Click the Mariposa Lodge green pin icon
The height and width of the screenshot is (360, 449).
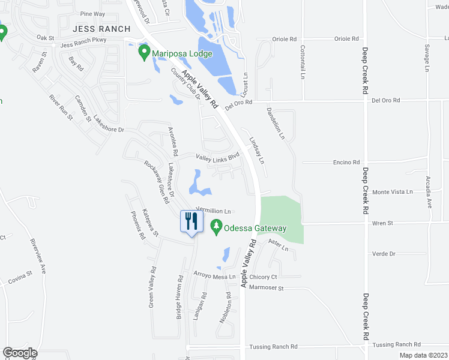tap(144, 53)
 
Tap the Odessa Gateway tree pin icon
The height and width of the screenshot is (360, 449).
tap(216, 227)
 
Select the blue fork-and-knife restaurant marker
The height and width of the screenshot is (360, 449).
tap(190, 221)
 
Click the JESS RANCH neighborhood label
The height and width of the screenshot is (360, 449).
tap(101, 29)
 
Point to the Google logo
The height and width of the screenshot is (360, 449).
tap(20, 353)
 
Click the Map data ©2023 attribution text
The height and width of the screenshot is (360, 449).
tap(423, 355)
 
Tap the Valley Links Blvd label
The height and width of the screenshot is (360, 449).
tap(218, 157)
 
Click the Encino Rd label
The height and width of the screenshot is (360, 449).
tap(346, 162)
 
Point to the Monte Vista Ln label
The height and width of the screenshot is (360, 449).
tap(393, 192)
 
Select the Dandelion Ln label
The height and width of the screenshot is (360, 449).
tap(276, 123)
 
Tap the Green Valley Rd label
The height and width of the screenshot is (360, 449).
tap(151, 288)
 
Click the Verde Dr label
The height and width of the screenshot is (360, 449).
tap(384, 254)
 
